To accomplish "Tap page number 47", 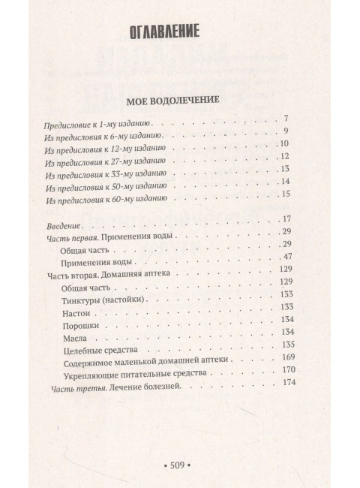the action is (x=284, y=258).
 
